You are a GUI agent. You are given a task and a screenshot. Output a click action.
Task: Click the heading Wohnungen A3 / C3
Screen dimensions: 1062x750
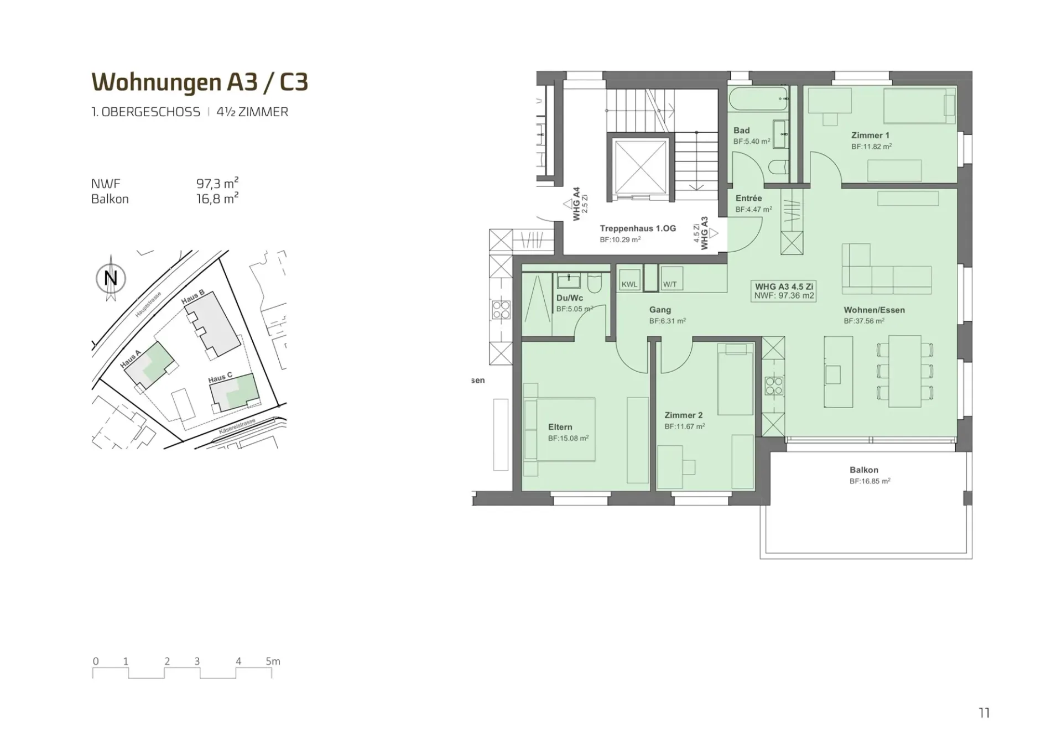[x=200, y=82]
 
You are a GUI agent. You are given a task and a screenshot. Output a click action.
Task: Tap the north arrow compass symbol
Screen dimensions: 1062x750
[x=111, y=278]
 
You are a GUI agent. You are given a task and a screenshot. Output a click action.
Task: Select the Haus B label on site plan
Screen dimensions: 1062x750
[x=193, y=296]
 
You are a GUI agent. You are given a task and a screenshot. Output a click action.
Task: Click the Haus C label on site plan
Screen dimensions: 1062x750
[x=220, y=378]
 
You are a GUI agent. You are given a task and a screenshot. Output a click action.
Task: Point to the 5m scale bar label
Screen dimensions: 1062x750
[x=273, y=661]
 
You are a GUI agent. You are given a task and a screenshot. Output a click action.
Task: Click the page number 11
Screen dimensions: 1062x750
[x=984, y=713]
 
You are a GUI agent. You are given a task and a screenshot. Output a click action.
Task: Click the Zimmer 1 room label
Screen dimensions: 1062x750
[x=870, y=135]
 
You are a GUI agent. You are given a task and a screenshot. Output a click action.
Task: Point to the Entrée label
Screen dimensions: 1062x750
[x=748, y=198]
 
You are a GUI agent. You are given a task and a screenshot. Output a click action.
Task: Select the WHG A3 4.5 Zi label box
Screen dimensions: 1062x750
[x=784, y=291]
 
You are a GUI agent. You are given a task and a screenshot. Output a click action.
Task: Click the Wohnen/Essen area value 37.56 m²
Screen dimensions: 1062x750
[x=864, y=321]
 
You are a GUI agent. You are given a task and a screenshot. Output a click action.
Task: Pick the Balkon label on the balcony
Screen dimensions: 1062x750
[x=864, y=470]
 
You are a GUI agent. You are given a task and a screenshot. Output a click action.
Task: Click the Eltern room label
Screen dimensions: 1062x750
[x=560, y=427]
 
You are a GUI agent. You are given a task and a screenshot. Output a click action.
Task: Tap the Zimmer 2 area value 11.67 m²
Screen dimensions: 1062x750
[x=685, y=426]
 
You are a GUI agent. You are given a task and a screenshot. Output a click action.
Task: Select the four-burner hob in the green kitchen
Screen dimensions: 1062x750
[x=774, y=386]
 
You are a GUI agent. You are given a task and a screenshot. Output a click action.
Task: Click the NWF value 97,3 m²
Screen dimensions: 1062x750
[x=217, y=183]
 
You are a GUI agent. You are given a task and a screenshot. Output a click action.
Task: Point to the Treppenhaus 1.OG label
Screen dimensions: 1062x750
[x=638, y=228]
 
